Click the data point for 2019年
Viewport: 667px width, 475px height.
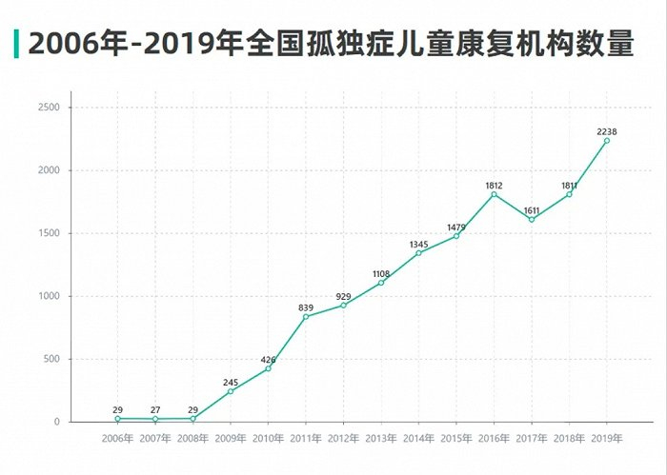tap(607, 141)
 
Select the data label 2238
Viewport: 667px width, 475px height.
tap(607, 129)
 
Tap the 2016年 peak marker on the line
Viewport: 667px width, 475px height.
tap(494, 194)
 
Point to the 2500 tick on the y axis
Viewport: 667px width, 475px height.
tap(50, 108)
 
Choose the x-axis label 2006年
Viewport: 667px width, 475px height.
tap(117, 438)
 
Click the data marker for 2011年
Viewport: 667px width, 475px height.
tap(306, 316)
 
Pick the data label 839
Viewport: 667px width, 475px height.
tap(306, 306)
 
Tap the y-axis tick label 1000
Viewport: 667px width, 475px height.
tap(50, 296)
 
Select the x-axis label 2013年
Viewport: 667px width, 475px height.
tap(381, 438)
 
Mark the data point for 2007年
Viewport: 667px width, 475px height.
tap(155, 419)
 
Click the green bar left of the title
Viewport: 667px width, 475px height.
tap(16, 43)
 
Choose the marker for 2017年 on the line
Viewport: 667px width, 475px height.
tap(532, 220)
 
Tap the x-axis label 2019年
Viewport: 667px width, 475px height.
tap(607, 438)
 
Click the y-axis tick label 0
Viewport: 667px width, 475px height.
tap(57, 422)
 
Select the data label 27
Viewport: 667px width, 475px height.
tap(155, 408)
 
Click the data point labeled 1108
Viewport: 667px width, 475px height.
tap(381, 283)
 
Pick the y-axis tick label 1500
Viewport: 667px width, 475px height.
tap(50, 233)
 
